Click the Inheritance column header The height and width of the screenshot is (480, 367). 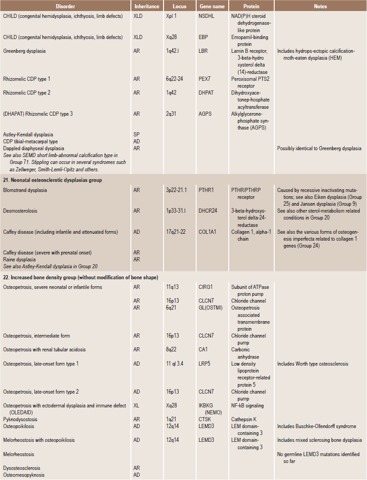pyautogui.click(x=147, y=7)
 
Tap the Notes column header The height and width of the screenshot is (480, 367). pyautogui.click(x=320, y=7)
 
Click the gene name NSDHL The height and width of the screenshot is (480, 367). pyautogui.click(x=208, y=16)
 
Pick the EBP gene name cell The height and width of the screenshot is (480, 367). pyautogui.click(x=204, y=37)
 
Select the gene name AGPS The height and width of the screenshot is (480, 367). pyautogui.click(x=206, y=114)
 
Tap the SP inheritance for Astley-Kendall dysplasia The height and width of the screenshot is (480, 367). pyautogui.click(x=136, y=135)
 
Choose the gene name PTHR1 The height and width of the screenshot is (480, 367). pyautogui.click(x=207, y=190)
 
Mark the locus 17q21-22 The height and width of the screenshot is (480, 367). pyautogui.click(x=177, y=232)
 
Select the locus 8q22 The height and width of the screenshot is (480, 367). pyautogui.click(x=172, y=350)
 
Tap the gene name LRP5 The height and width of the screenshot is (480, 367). pyautogui.click(x=206, y=364)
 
